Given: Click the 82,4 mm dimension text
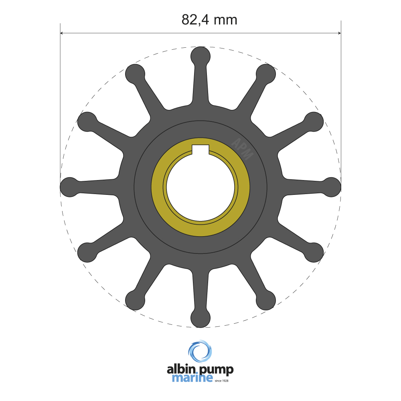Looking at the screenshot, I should click(209, 19).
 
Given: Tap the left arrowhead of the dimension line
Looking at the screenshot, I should click(63, 34).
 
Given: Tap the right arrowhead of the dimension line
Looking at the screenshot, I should click(338, 34).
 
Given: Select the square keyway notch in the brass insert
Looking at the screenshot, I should click(200, 149).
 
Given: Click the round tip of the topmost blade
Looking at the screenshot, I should click(200, 56).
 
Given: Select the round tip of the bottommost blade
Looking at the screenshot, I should click(200, 318).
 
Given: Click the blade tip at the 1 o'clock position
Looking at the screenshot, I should click(266, 74).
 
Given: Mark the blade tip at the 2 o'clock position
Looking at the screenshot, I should click(314, 122).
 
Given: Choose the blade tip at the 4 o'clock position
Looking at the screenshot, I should click(314, 252).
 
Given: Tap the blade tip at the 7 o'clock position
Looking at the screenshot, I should click(135, 300).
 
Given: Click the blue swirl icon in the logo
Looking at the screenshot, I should click(200, 352).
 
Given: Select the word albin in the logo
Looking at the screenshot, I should click(181, 370).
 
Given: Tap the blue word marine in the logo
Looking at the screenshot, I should click(192, 378).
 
